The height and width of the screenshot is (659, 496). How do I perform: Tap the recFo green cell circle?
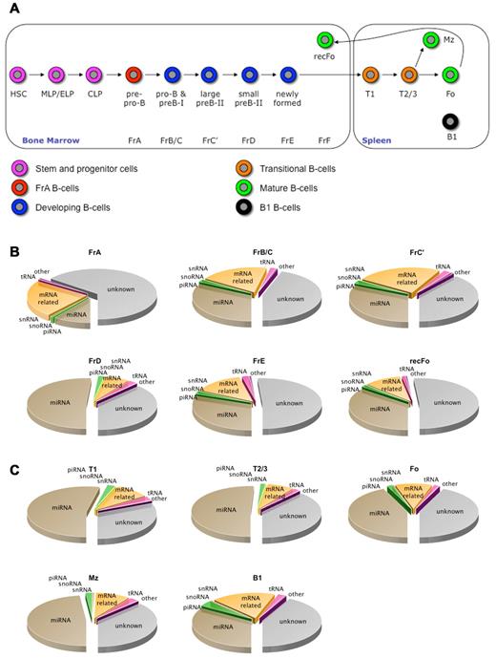click(326, 39)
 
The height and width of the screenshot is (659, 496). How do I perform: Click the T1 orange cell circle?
click(369, 74)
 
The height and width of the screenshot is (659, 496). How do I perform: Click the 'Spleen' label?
click(373, 139)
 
